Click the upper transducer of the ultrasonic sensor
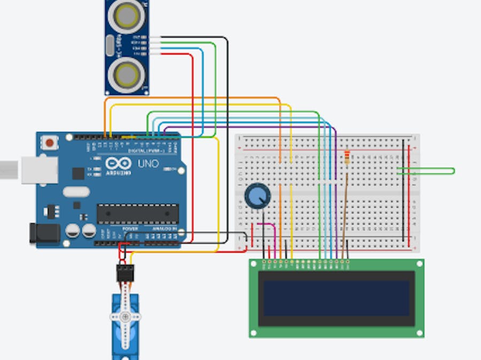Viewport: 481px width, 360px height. pos(127,17)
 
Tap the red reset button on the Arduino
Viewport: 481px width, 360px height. pos(50,143)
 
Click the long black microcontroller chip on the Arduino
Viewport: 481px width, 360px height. pos(137,213)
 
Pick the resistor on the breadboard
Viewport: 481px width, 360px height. pos(348,157)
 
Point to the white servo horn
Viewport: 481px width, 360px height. pos(125,316)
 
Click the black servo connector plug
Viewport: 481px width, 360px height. pos(125,273)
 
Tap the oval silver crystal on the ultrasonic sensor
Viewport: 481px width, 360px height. pos(111,45)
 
